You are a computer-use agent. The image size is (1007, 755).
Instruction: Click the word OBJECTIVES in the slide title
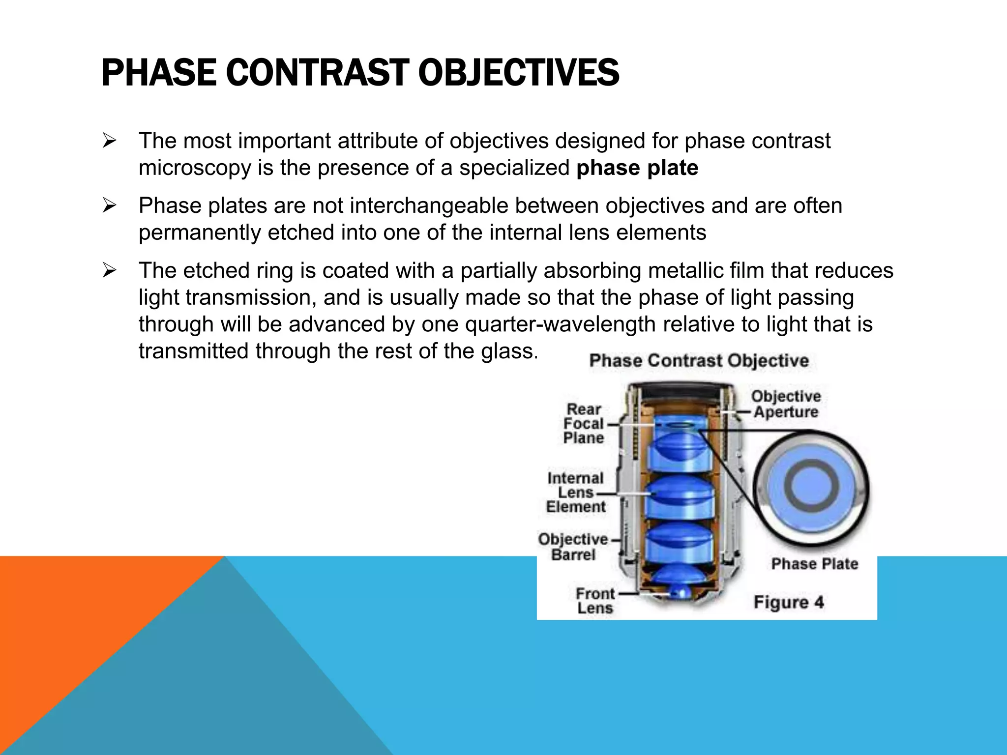point(518,73)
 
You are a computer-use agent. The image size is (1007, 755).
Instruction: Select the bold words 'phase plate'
point(637,168)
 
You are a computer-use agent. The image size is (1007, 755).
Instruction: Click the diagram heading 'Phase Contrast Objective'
point(699,361)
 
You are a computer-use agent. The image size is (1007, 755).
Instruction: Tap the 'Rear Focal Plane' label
point(584,424)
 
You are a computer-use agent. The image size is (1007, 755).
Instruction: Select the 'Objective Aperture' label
point(786,404)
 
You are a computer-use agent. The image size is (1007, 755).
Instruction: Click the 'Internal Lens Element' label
point(575,493)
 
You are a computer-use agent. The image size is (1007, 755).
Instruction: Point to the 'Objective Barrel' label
point(573,547)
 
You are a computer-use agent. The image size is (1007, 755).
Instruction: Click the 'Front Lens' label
point(595,601)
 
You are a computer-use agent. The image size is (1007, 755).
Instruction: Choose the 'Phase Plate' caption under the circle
point(814,564)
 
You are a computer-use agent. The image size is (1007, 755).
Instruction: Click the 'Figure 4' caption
point(789,602)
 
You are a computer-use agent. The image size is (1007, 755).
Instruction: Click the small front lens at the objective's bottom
point(681,593)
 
